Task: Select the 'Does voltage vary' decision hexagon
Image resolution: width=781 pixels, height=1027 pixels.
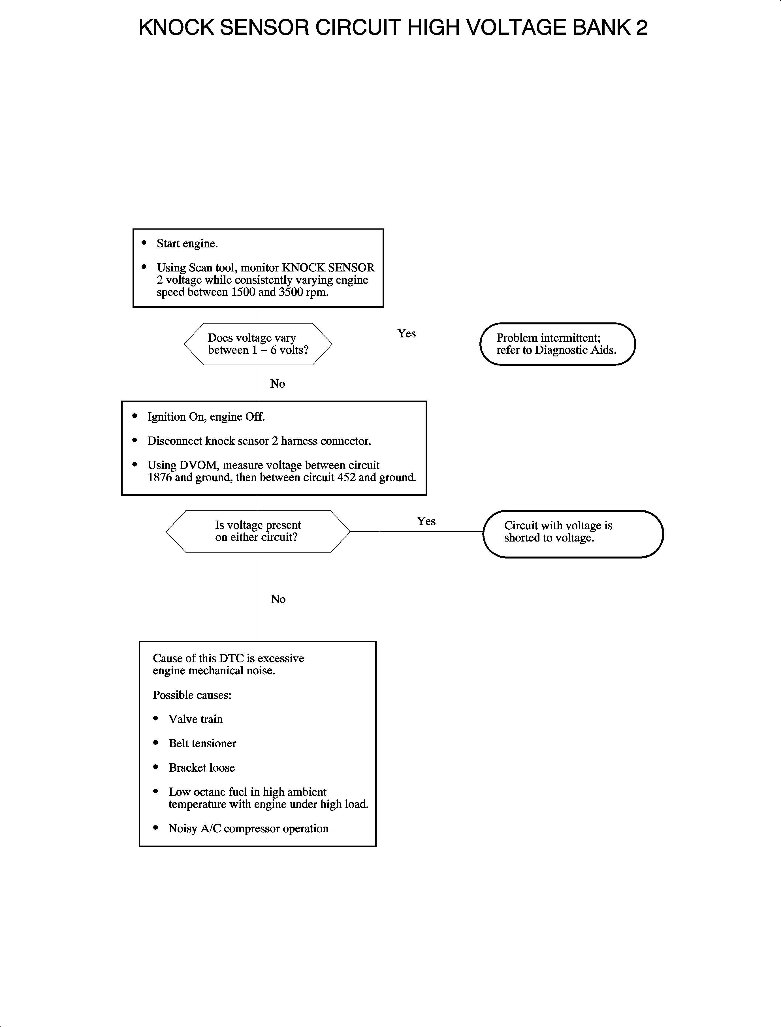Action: coord(258,344)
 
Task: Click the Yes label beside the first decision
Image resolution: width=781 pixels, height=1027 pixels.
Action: coord(406,334)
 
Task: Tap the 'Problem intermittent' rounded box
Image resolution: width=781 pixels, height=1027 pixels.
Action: coord(557,344)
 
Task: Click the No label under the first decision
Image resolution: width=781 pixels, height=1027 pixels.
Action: coord(278,384)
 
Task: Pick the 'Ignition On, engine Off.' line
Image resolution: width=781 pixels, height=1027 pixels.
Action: coord(206,417)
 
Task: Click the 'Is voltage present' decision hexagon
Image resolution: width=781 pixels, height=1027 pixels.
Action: coord(258,531)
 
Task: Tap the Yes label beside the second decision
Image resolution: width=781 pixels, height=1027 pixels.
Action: coord(426,521)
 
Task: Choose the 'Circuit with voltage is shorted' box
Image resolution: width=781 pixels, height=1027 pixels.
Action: coord(573,534)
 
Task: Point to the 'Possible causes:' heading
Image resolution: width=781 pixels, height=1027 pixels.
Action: coord(192,695)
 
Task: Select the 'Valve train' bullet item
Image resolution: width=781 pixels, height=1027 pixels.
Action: coord(195,719)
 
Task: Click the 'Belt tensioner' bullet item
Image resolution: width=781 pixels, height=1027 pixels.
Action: coord(202,744)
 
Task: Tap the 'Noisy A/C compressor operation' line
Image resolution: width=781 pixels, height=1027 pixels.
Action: coord(248,829)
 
